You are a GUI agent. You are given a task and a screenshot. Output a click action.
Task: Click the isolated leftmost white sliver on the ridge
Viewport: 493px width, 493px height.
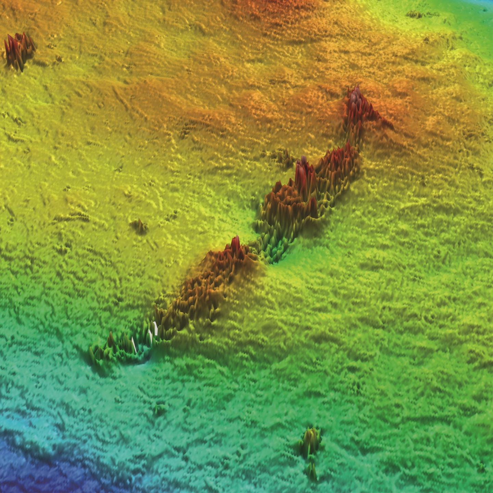[x=134, y=344]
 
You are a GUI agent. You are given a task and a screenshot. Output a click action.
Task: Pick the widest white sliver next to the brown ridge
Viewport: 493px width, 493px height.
[x=155, y=328]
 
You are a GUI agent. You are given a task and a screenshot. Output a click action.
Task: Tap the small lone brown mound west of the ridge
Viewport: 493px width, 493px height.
[x=139, y=227]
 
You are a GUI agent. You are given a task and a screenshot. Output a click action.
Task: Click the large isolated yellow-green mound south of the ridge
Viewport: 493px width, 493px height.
[x=311, y=442]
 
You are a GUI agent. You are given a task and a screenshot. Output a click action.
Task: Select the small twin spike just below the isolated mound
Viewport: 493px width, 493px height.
[x=312, y=472]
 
